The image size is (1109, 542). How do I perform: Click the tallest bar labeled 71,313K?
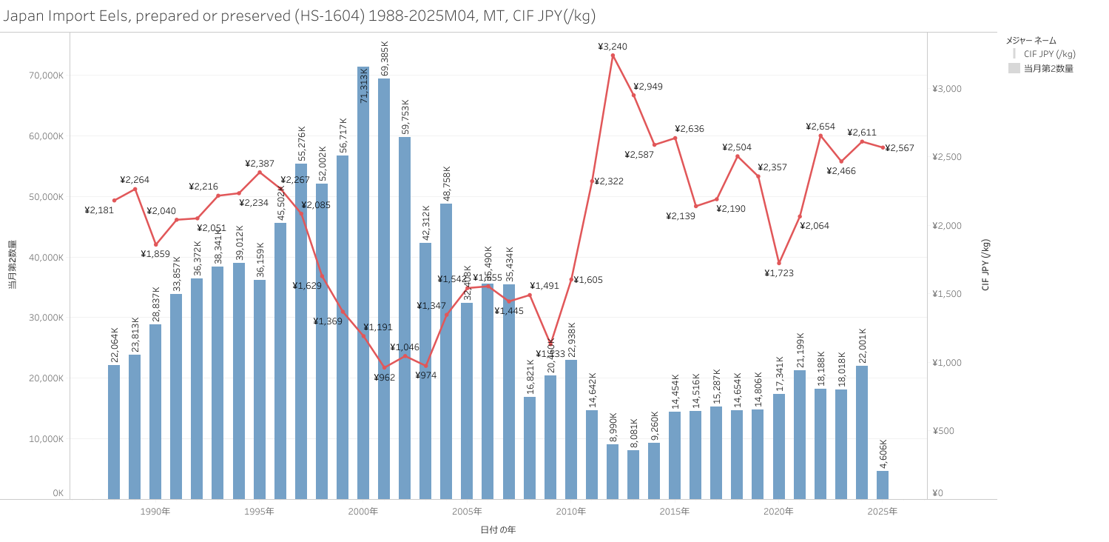click(x=363, y=281)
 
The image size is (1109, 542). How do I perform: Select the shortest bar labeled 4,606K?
click(x=883, y=485)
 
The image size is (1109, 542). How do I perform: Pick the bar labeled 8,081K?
click(x=633, y=475)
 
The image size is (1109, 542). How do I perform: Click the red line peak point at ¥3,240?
click(x=613, y=55)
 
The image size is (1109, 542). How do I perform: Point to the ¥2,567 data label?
click(x=899, y=148)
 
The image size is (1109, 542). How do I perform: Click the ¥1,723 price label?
click(x=779, y=273)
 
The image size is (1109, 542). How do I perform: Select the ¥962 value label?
click(x=385, y=378)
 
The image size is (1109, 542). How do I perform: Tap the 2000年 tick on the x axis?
click(x=363, y=512)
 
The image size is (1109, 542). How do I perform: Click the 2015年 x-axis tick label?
click(x=675, y=512)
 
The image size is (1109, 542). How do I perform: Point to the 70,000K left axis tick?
click(x=46, y=76)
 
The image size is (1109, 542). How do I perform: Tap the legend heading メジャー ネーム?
click(x=1031, y=40)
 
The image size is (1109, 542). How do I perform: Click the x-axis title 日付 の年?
click(x=498, y=529)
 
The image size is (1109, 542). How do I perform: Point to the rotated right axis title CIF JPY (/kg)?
click(x=985, y=264)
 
